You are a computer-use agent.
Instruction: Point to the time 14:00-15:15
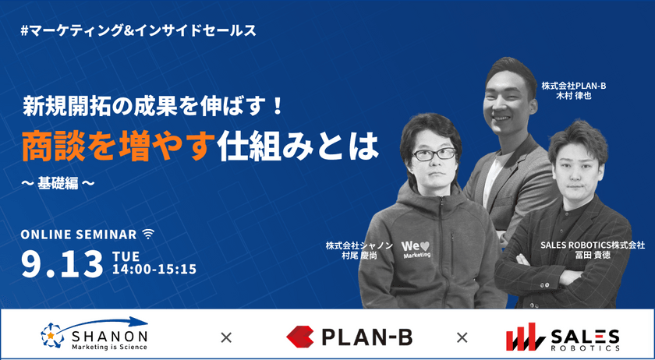pos(154,270)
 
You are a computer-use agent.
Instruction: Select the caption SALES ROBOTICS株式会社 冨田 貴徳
pos(593,250)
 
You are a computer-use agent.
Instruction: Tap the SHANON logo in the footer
pos(94,335)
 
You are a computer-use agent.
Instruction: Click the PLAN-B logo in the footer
pos(349,336)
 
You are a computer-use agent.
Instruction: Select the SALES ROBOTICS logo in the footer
pos(562,336)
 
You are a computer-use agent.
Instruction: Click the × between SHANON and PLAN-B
pos(226,337)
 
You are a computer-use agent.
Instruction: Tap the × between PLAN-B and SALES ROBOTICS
pos(462,337)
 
